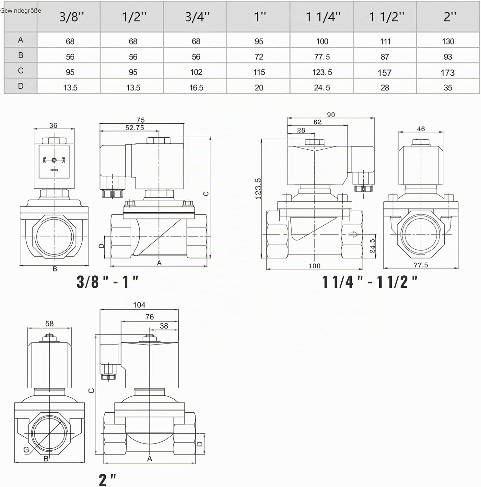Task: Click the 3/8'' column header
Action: [72, 17]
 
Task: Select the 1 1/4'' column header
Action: [323, 17]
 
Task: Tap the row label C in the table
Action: [21, 70]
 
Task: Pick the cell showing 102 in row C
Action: [196, 72]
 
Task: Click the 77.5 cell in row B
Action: [322, 57]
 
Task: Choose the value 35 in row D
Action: [448, 88]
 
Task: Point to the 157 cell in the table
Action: [384, 72]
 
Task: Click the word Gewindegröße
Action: [20, 10]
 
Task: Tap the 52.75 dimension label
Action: [135, 128]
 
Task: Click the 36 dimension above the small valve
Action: [53, 125]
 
